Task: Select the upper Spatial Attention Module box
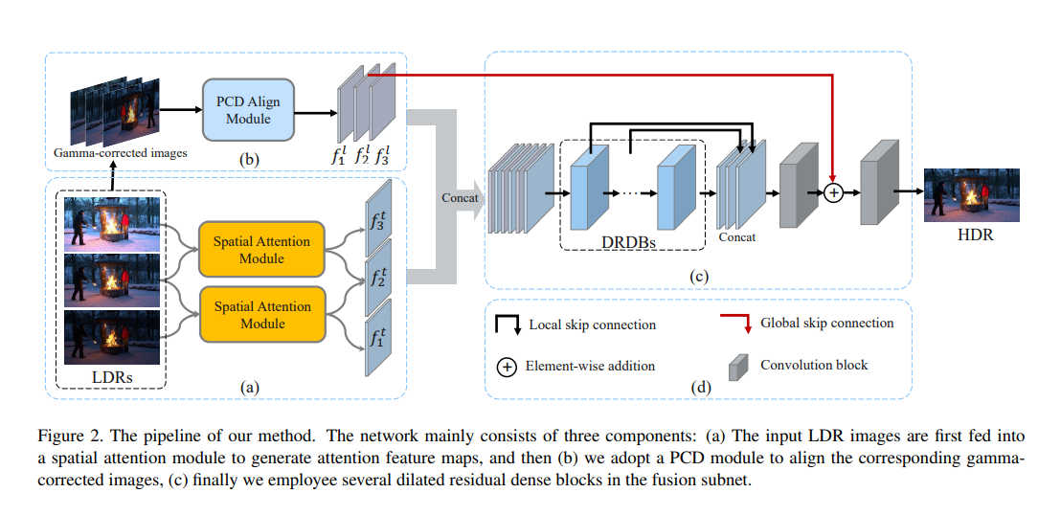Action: (261, 250)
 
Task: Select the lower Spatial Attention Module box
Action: (261, 315)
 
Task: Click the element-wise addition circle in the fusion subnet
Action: (832, 192)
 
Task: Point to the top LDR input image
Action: (112, 224)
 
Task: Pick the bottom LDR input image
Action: (112, 337)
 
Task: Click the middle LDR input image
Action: (112, 280)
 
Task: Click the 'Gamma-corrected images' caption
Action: (120, 153)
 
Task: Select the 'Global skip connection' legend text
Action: (826, 324)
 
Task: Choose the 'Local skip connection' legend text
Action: (592, 325)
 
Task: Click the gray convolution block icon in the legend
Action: (737, 367)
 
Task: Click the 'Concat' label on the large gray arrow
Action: (461, 198)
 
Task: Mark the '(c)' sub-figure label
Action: (697, 278)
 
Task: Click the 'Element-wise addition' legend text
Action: (590, 366)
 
